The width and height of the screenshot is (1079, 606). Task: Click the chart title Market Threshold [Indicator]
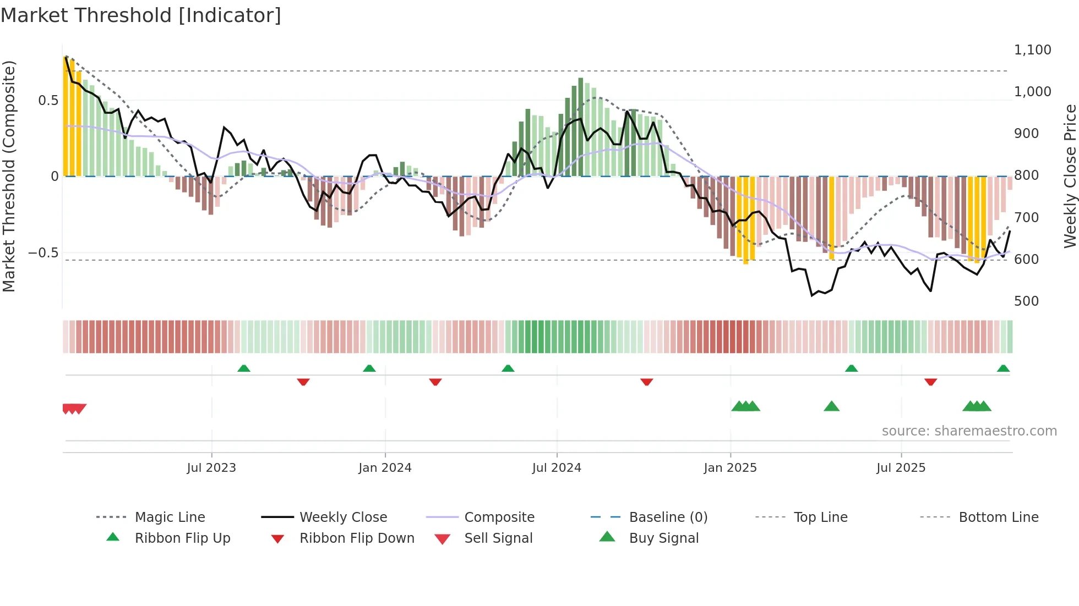(141, 15)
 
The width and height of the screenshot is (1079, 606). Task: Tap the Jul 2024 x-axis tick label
(557, 467)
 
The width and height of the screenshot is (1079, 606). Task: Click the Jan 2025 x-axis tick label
(730, 467)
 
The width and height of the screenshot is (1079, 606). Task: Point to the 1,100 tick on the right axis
(1032, 49)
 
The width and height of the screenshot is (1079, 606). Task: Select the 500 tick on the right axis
(1026, 301)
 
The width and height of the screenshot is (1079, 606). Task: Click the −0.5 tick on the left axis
(43, 252)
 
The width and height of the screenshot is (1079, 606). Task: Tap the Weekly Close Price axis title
(1069, 176)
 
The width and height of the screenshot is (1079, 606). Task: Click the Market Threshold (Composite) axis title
(9, 176)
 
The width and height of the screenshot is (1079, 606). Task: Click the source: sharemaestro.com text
(969, 431)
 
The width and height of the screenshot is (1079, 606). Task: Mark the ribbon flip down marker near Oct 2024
(647, 382)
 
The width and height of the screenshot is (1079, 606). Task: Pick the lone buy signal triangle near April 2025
(831, 406)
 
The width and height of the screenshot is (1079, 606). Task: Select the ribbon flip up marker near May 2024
(508, 368)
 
